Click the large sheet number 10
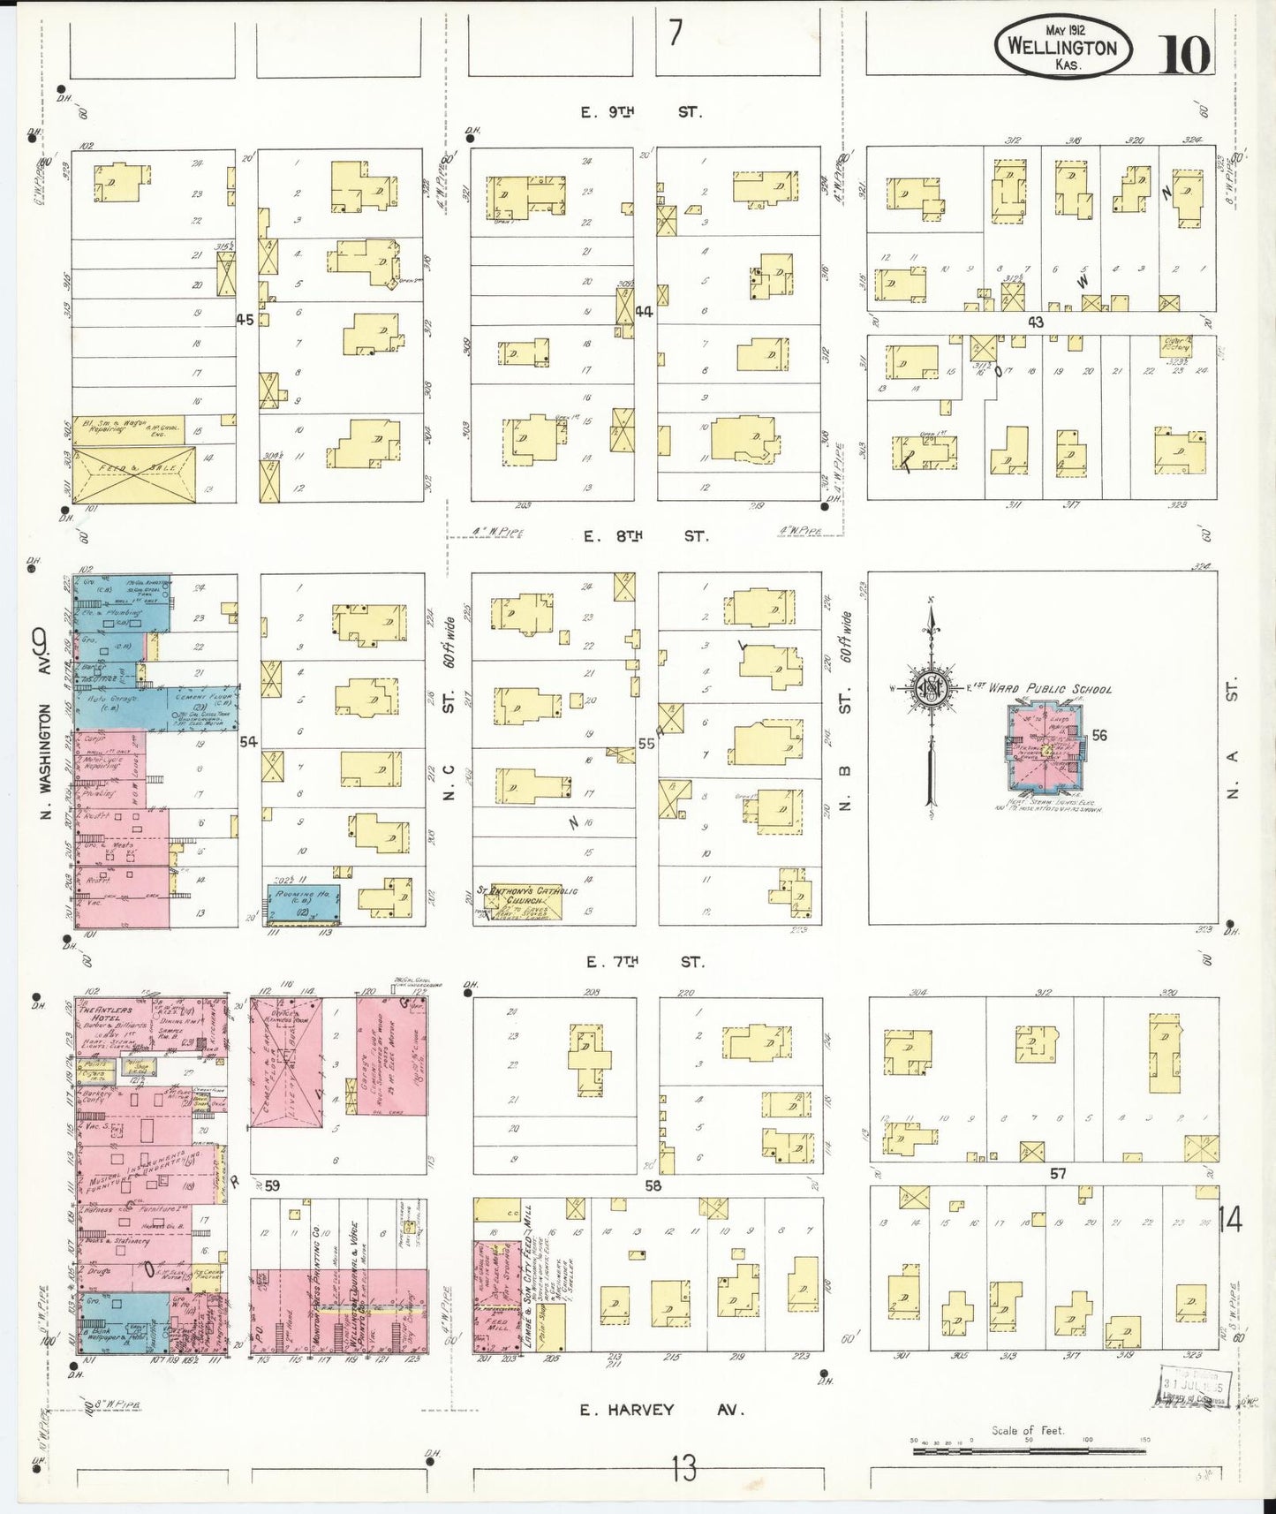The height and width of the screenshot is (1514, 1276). pyautogui.click(x=1183, y=55)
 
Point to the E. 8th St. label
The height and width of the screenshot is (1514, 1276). pyautogui.click(x=645, y=536)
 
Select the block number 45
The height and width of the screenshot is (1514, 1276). pyautogui.click(x=245, y=320)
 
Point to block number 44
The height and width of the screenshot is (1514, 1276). pyautogui.click(x=644, y=311)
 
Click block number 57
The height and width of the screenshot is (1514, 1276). pyautogui.click(x=1058, y=1173)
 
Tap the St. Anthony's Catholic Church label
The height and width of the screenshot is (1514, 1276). pyautogui.click(x=528, y=895)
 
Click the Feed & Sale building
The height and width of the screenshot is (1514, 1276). pyautogui.click(x=132, y=473)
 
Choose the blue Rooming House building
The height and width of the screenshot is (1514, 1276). pyautogui.click(x=303, y=903)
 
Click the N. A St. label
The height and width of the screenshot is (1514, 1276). pyautogui.click(x=1234, y=738)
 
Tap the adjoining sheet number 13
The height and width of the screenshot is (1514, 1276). pyautogui.click(x=683, y=1468)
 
